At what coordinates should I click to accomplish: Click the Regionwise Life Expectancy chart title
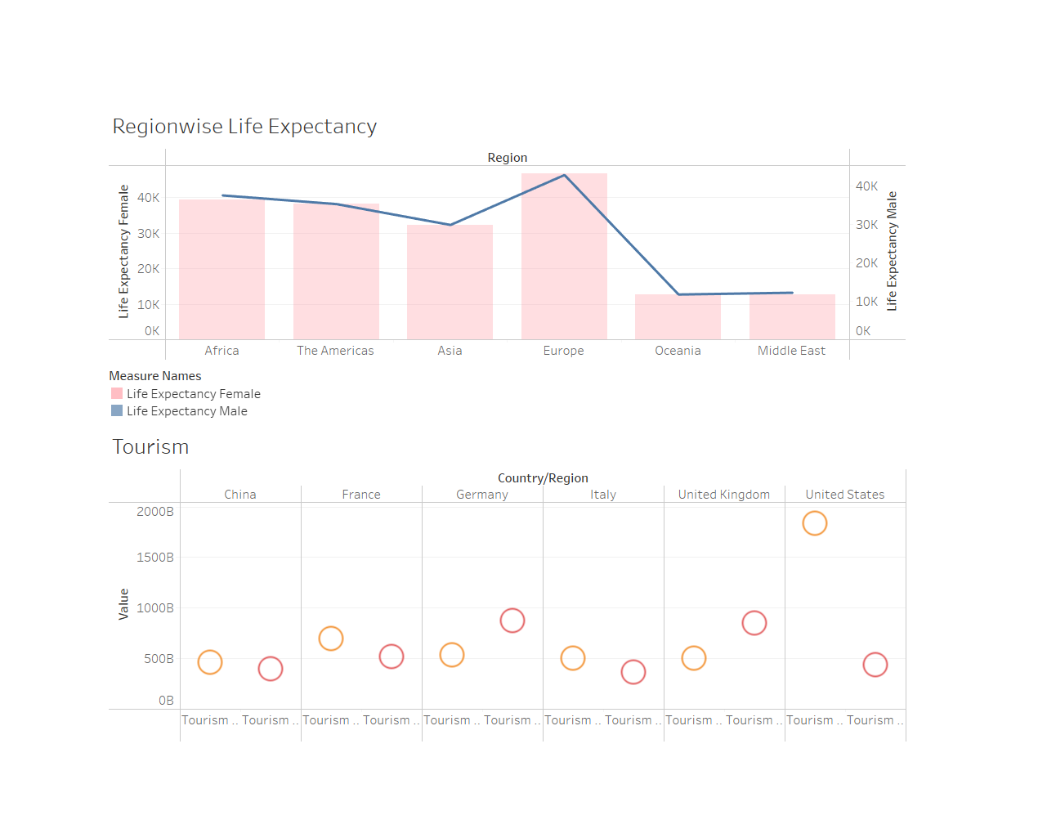244,127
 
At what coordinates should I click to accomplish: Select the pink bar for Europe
564,262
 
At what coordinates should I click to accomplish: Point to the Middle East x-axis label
791,351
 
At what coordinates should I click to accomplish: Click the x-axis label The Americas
335,351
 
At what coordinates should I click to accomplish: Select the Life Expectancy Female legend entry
193,394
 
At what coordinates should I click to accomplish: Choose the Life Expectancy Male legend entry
186,411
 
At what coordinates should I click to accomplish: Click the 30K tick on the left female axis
148,234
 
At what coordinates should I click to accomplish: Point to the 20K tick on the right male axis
866,263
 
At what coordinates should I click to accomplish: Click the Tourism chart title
150,447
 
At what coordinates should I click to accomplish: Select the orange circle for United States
815,523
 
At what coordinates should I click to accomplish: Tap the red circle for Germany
512,621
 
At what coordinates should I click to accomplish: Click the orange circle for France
331,639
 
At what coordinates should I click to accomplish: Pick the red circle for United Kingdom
754,623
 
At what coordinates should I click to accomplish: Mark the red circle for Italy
633,672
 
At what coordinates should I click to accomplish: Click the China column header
240,495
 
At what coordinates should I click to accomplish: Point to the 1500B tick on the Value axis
154,558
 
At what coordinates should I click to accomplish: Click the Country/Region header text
543,478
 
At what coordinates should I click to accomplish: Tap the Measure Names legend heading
155,376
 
